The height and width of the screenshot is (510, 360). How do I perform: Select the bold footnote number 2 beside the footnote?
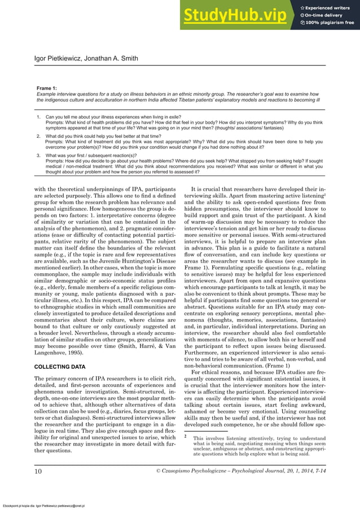click(186, 437)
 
